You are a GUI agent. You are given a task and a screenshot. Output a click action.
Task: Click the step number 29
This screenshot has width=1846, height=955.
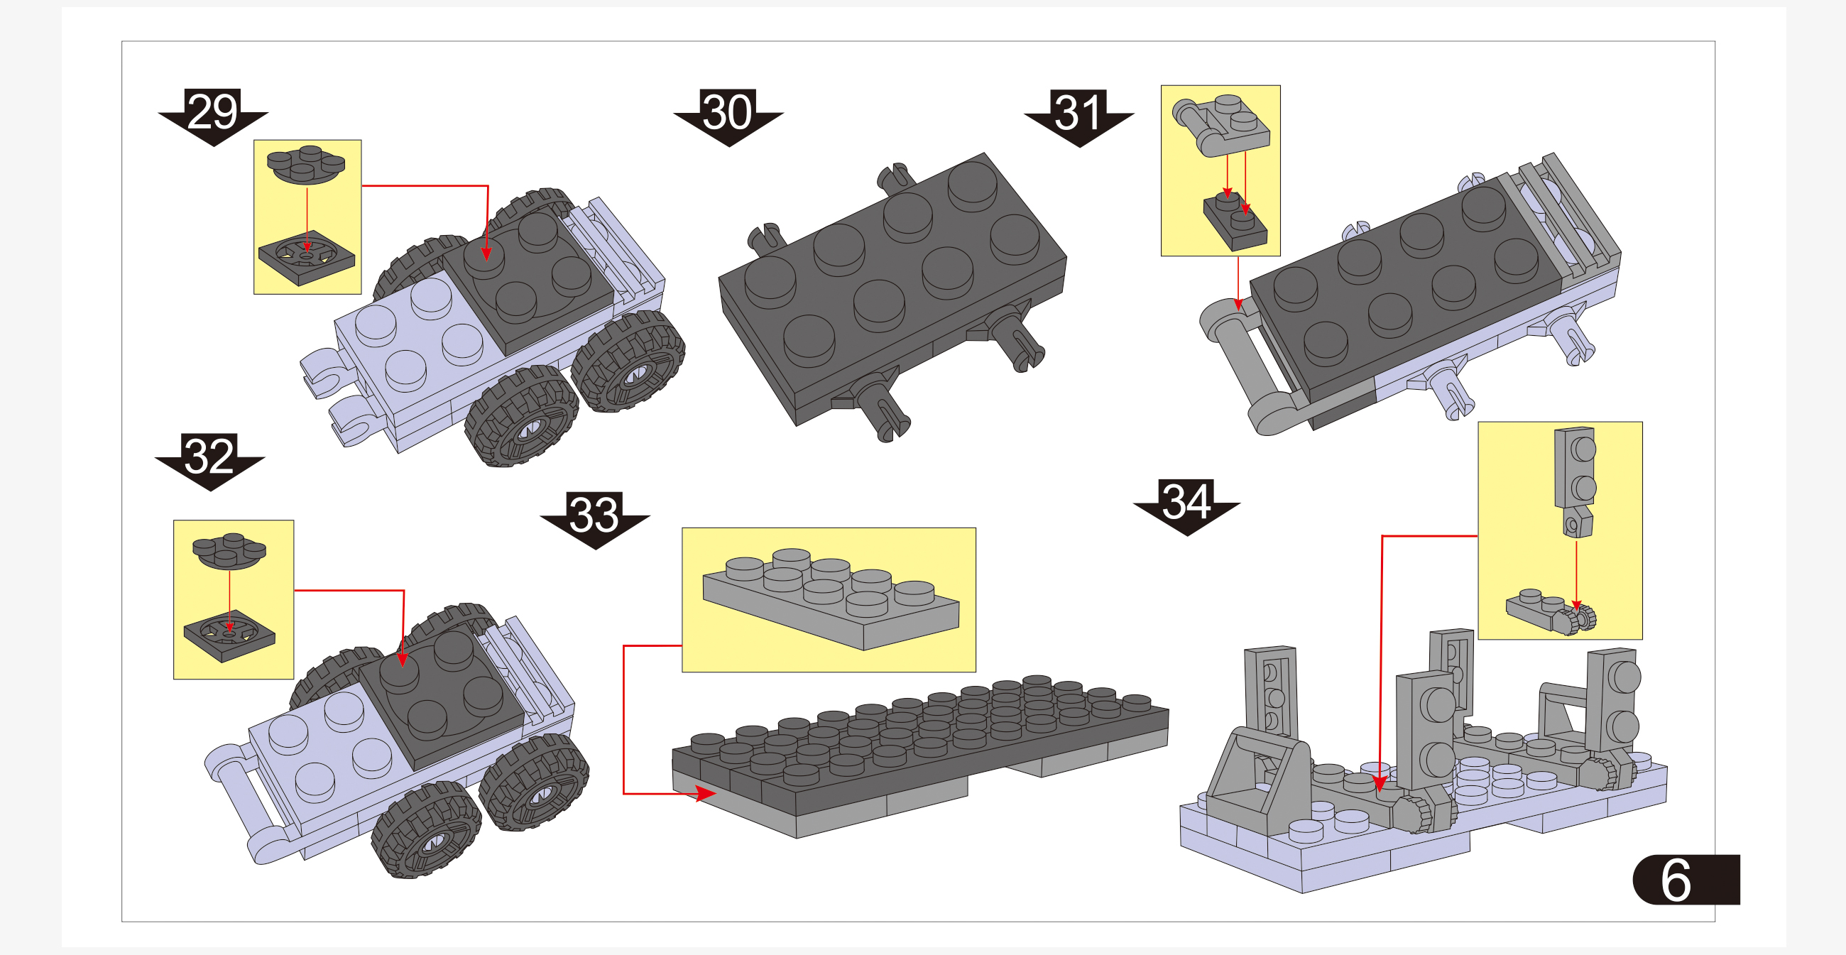[x=212, y=111]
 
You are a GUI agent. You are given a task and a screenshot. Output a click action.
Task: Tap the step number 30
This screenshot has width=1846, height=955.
[x=727, y=111]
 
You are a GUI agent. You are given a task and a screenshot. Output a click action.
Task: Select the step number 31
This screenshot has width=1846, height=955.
[x=1078, y=112]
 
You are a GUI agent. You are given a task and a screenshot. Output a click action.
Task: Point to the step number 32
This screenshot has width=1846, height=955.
[x=209, y=456]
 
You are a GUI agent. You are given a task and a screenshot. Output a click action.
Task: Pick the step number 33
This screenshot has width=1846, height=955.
[x=594, y=513]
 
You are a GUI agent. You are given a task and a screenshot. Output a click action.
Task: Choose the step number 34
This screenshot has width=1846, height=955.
[x=1186, y=501]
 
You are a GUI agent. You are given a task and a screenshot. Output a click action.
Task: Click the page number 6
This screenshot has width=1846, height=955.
[x=1676, y=880]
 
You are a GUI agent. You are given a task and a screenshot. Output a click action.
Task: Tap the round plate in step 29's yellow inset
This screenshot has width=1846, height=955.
[x=306, y=165]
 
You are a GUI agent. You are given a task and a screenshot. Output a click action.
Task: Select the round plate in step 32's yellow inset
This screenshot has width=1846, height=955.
[x=229, y=550]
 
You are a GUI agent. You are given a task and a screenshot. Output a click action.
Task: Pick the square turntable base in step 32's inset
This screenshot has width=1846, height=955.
[x=229, y=635]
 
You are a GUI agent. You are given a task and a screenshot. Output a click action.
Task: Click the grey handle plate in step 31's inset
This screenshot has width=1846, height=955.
[x=1221, y=125]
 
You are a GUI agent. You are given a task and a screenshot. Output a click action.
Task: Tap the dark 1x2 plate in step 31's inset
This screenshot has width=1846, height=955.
[x=1235, y=222]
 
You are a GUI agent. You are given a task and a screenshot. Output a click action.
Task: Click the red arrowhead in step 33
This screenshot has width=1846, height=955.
[x=705, y=793]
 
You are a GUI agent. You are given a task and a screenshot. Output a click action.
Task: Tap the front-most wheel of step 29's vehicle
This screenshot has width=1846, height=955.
[x=521, y=417]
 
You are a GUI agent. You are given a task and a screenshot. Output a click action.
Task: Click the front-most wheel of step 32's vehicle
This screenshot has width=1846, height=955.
[x=427, y=830]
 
